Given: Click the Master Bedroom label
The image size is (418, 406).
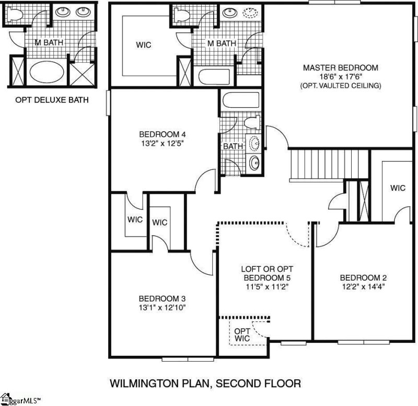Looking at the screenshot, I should pos(340,67).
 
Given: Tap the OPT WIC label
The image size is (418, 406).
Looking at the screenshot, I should pos(241,335).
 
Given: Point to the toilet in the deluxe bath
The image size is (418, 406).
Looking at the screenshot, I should pos(15,16).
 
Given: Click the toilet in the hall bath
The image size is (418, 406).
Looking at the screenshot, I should pos(252,123).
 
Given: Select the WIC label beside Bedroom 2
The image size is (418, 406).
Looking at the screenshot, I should pos(398,188).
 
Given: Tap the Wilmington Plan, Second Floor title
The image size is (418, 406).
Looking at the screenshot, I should pos(205,384).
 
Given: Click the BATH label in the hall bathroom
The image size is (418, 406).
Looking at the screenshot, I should pos(233,146).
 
